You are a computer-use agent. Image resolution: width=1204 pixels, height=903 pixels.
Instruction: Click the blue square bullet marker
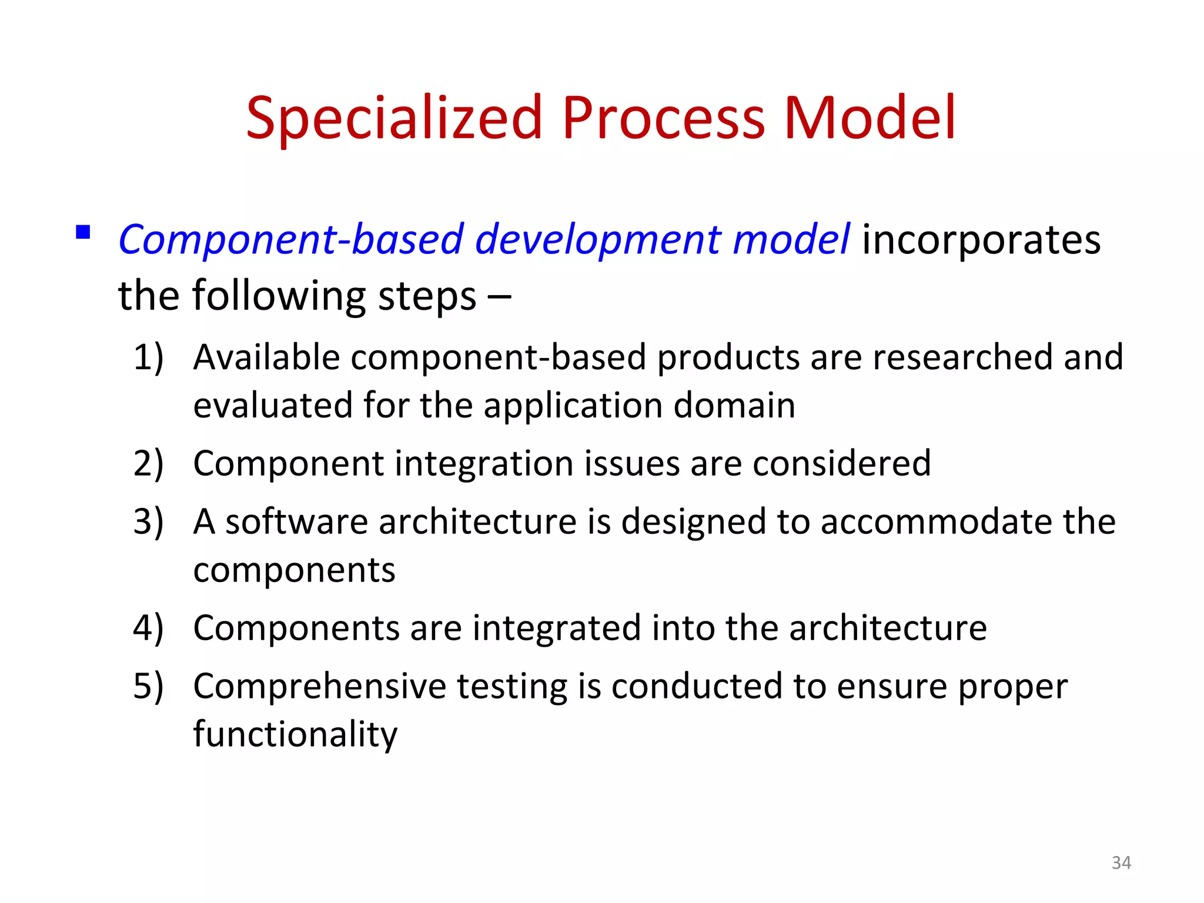[83, 232]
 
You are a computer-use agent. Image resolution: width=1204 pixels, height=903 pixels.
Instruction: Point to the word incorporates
[981, 240]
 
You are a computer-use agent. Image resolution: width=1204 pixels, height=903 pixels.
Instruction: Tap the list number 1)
[148, 357]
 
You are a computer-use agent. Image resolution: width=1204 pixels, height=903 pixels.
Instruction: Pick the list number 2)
[148, 464]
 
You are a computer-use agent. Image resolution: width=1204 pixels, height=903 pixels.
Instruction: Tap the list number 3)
[148, 522]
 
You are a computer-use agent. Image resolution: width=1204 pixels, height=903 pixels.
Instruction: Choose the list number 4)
[148, 628]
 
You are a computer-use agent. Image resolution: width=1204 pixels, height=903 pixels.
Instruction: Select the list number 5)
[148, 687]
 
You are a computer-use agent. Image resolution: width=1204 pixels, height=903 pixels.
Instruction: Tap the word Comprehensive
[320, 687]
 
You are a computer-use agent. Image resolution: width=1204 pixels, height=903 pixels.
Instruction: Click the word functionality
[295, 735]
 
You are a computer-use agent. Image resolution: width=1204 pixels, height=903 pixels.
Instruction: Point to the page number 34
[1121, 862]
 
